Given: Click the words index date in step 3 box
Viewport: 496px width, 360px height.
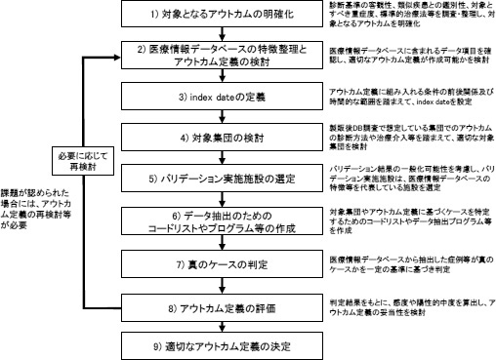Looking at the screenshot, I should pos(204,98).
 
